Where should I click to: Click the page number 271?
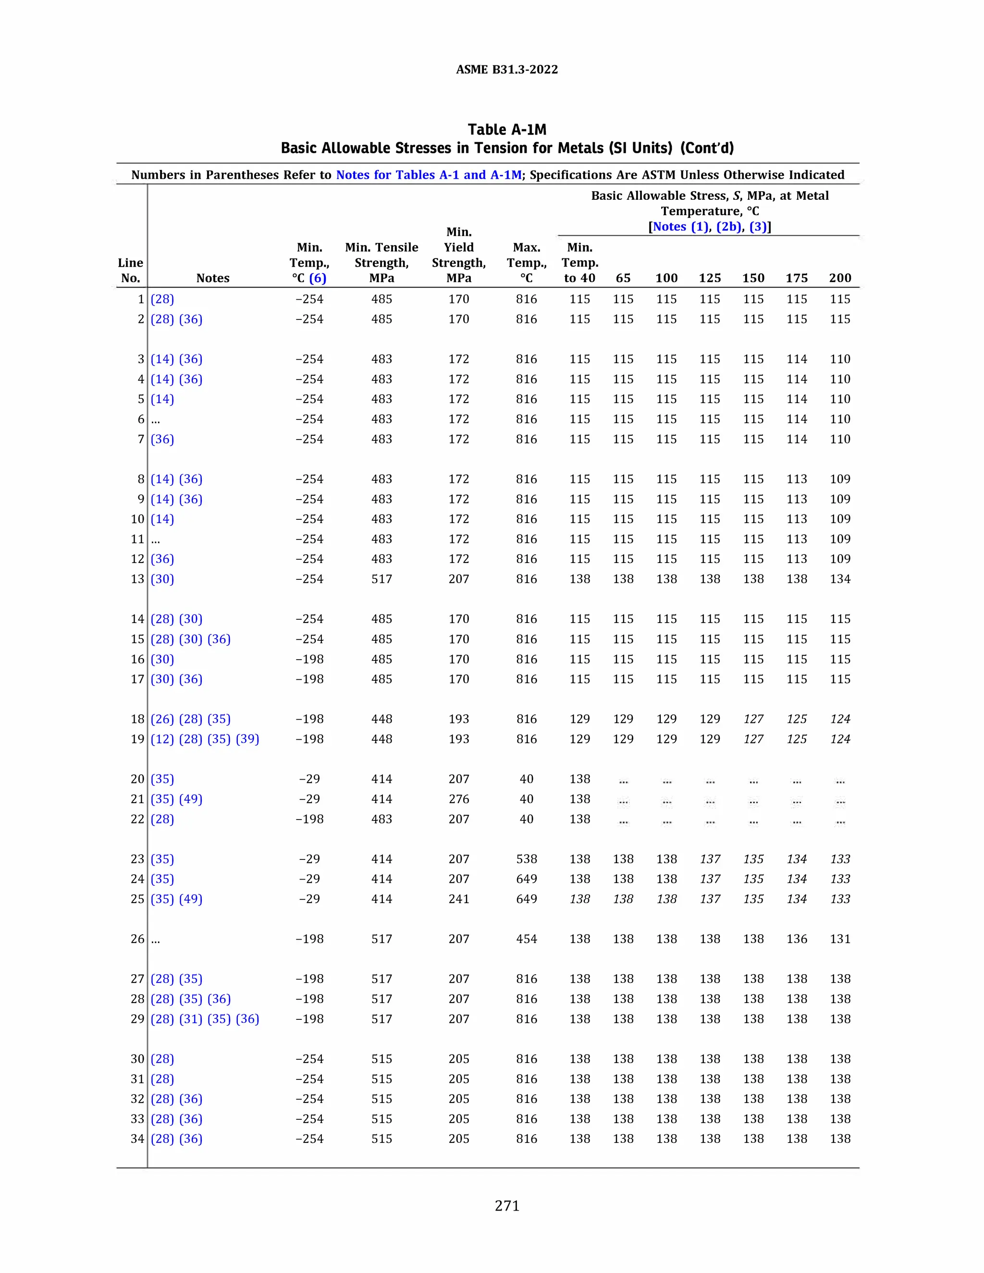click(x=506, y=1206)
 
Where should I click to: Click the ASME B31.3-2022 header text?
click(x=506, y=69)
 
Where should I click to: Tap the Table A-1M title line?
click(x=506, y=129)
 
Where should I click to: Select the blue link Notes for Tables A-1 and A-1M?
click(x=429, y=175)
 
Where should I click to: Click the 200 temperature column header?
click(x=840, y=278)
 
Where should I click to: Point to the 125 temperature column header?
click(x=710, y=278)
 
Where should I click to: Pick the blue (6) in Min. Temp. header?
click(x=318, y=278)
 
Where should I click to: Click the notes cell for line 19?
click(x=205, y=739)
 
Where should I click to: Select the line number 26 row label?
click(x=137, y=939)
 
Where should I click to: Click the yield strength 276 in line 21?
click(x=459, y=799)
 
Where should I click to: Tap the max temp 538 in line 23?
click(x=527, y=859)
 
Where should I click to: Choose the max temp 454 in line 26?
click(x=527, y=939)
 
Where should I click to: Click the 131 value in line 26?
click(x=840, y=939)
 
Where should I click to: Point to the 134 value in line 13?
click(x=840, y=579)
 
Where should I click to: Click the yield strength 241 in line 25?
click(x=459, y=899)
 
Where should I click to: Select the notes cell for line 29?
click(x=205, y=1019)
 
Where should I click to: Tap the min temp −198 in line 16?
click(x=309, y=659)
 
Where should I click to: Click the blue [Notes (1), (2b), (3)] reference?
click(x=710, y=227)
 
